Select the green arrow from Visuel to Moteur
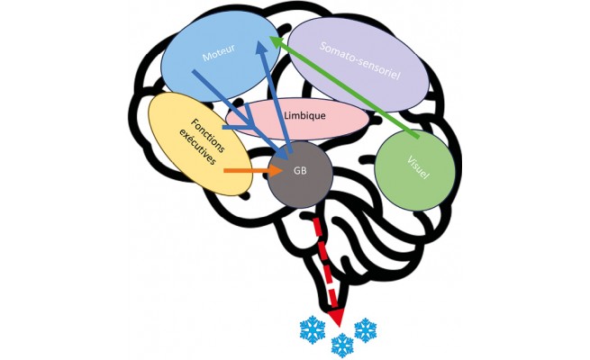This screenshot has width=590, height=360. [x=351, y=90]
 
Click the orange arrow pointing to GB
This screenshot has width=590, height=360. [x=243, y=169]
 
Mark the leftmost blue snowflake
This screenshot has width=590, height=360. [x=312, y=331]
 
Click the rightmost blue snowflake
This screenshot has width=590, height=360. [x=366, y=328]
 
